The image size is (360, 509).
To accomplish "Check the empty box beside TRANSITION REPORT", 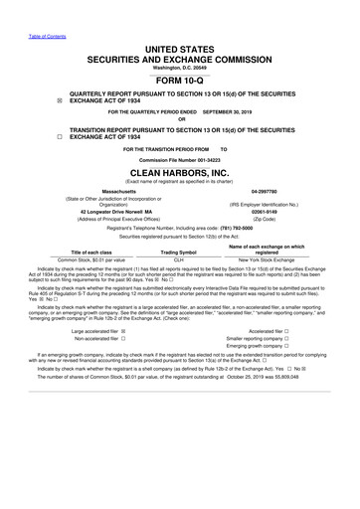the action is [30, 136].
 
